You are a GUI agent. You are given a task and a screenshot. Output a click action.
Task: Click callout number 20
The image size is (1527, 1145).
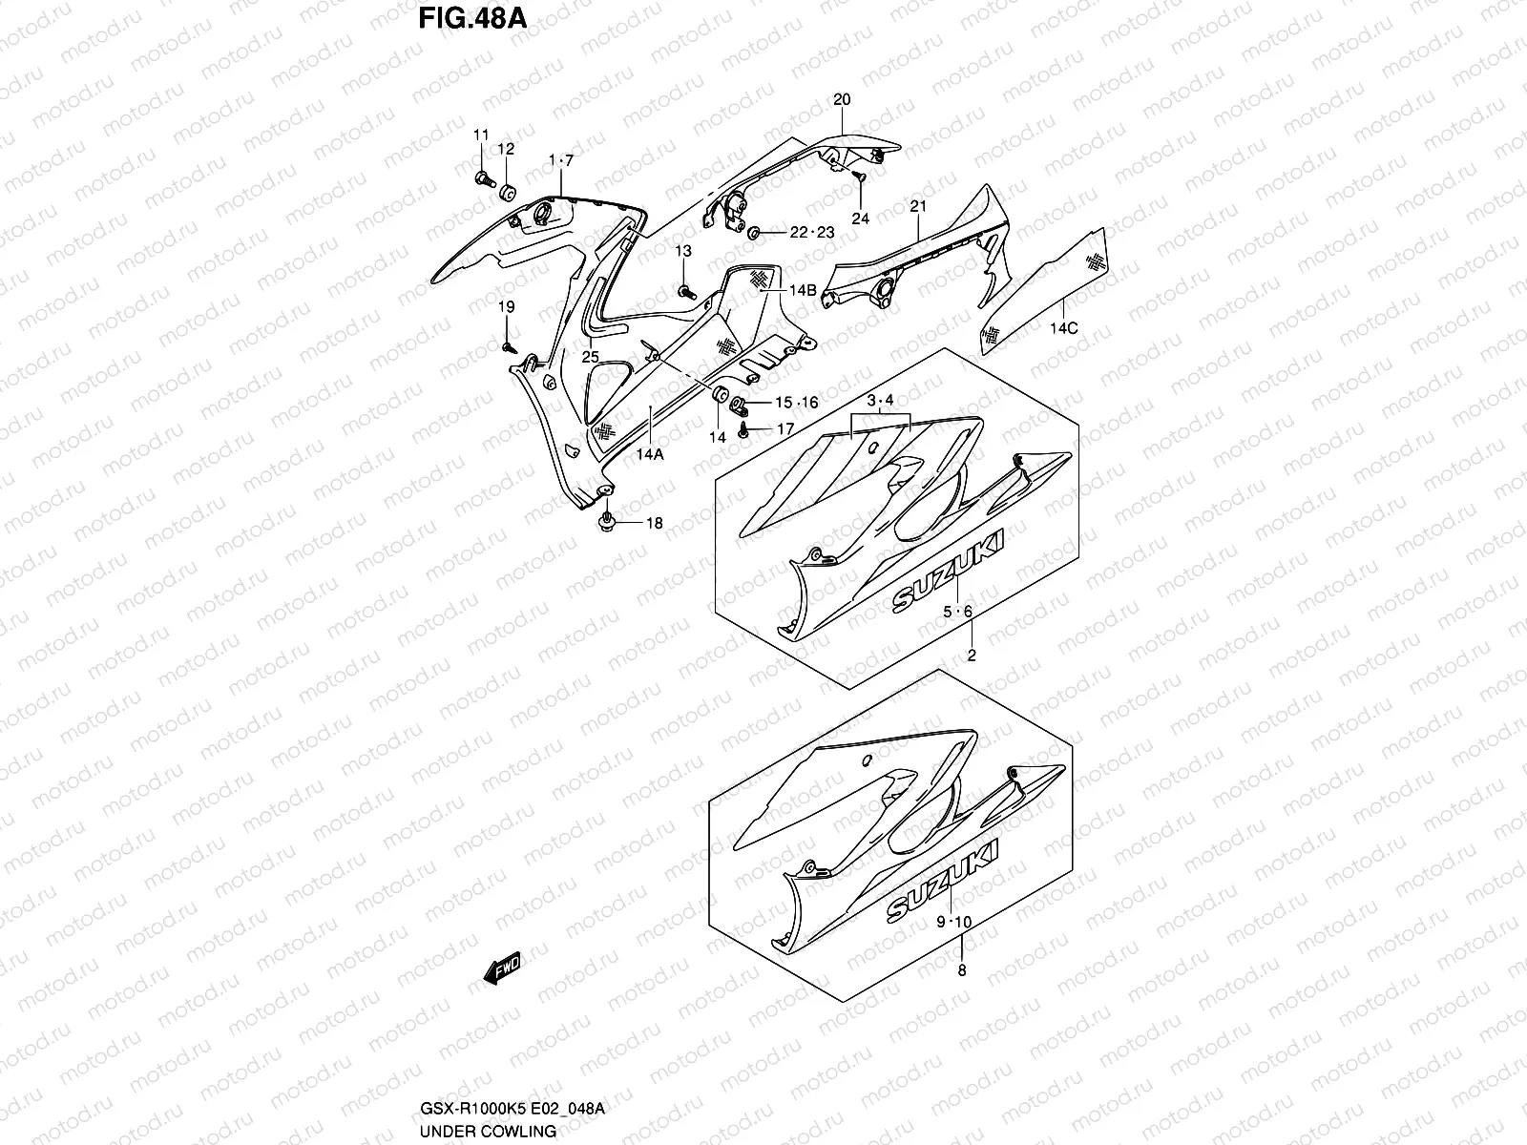coord(842,99)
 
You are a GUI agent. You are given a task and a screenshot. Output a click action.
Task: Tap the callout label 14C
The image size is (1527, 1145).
coord(1064,328)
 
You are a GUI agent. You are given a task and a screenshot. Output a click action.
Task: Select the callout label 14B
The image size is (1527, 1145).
coord(803,290)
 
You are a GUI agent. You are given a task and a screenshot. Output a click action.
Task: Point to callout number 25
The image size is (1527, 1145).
coord(591,356)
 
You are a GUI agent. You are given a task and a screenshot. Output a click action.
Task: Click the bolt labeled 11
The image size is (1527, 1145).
coord(481,177)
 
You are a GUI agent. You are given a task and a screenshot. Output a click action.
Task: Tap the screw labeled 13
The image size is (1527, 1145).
coord(684,291)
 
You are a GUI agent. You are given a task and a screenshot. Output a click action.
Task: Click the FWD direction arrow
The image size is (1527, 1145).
coord(501,969)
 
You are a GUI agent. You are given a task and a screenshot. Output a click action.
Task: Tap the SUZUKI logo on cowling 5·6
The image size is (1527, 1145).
coord(949,573)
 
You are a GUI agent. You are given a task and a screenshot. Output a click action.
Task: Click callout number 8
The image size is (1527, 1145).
coord(961,970)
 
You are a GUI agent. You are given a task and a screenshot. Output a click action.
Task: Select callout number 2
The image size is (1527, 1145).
coord(972,656)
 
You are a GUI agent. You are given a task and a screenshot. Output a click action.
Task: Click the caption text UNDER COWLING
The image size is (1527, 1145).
coord(488,1131)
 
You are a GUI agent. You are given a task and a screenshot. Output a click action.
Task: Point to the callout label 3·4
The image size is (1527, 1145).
coord(881,400)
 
